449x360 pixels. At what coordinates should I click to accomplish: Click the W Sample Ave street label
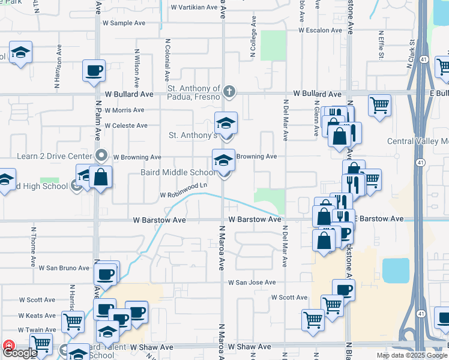(x=124, y=23)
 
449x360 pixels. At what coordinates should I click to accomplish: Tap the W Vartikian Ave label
(x=193, y=7)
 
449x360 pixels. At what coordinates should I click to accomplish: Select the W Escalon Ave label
(x=323, y=30)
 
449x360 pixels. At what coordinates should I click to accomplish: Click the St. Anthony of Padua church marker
(x=228, y=92)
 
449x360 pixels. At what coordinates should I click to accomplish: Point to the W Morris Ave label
(x=124, y=110)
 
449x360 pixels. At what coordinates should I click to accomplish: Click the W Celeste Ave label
(x=125, y=125)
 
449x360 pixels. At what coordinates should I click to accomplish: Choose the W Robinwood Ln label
(x=184, y=191)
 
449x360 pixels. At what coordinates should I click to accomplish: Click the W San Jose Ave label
(x=252, y=282)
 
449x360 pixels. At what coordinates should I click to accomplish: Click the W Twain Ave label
(x=37, y=330)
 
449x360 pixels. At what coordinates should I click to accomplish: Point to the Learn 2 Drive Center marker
(x=101, y=157)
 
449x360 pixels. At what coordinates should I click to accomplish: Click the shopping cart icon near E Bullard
(x=379, y=106)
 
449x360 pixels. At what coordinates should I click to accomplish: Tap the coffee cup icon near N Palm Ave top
(x=94, y=71)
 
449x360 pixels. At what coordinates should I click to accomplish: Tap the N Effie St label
(x=381, y=45)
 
